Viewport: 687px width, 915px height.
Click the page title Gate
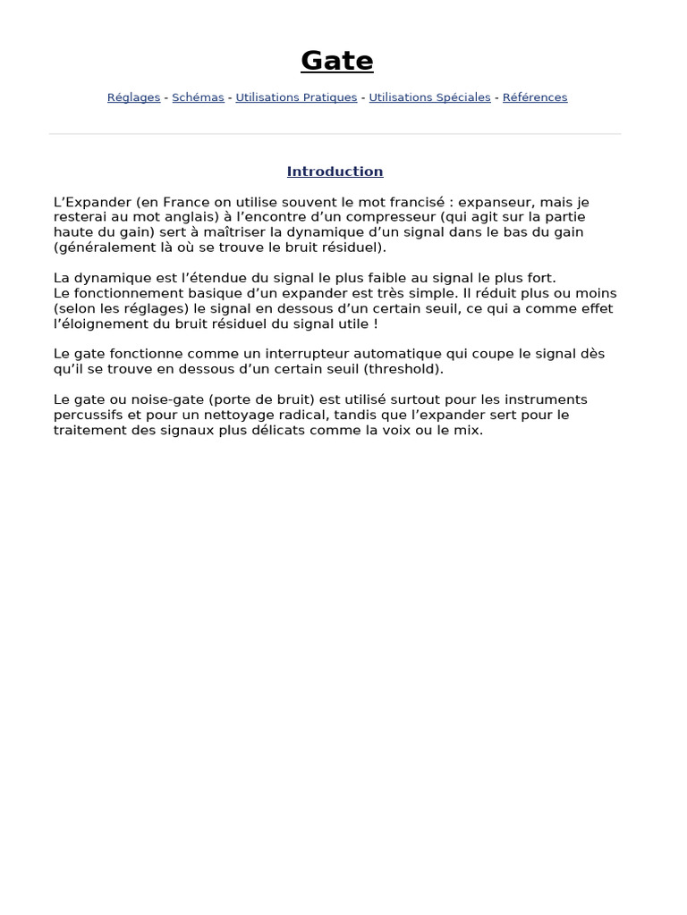point(337,61)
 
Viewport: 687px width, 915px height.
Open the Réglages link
point(133,97)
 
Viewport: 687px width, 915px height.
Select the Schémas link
point(198,97)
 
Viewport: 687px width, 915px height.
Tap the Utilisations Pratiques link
point(296,97)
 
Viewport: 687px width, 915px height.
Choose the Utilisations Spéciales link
point(429,97)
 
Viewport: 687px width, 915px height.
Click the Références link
point(535,97)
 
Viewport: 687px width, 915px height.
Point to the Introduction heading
point(335,172)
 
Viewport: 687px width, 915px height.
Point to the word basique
point(187,293)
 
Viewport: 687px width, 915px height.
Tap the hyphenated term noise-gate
point(165,399)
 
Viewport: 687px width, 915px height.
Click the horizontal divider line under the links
point(335,134)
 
